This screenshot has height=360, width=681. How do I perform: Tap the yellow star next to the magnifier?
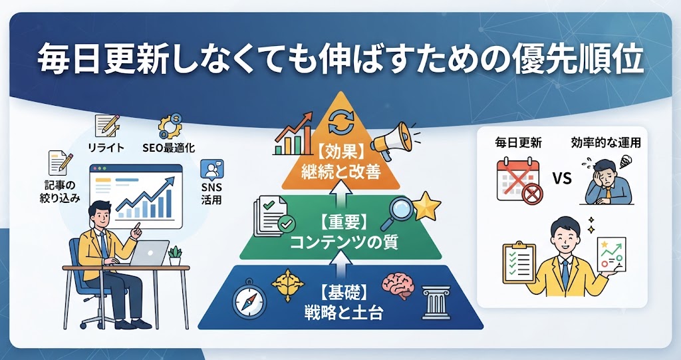coord(426,206)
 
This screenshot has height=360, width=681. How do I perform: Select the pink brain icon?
coord(398,285)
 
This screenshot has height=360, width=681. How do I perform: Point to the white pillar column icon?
coord(436,303)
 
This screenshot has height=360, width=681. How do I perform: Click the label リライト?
coord(106,148)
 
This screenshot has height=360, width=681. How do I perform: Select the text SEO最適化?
coord(168,148)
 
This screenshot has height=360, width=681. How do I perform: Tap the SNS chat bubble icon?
coord(212,170)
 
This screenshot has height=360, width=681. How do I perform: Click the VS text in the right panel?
coord(563,178)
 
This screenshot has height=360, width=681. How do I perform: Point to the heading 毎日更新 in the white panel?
coord(519,142)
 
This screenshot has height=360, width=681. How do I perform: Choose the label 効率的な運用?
coord(606,142)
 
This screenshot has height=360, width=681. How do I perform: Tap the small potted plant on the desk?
coord(175,256)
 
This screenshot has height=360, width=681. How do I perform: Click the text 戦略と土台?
coord(343,312)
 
